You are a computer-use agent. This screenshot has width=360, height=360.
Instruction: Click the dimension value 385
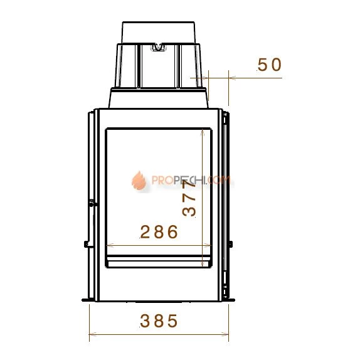(159, 320)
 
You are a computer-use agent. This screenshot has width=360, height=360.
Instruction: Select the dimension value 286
(159, 231)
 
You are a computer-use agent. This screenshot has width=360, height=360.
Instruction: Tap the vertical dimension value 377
(189, 198)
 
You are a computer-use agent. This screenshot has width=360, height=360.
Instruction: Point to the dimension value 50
(269, 65)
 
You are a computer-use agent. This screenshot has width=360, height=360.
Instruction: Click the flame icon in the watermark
(139, 181)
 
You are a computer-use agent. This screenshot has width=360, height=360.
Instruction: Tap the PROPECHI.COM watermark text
(191, 180)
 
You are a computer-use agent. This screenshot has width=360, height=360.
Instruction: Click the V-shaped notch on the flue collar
(158, 47)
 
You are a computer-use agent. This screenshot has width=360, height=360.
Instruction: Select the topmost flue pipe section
(159, 33)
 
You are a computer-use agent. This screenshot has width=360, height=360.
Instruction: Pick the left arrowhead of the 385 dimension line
(92, 334)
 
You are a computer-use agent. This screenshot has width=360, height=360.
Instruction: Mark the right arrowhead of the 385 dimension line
(225, 334)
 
